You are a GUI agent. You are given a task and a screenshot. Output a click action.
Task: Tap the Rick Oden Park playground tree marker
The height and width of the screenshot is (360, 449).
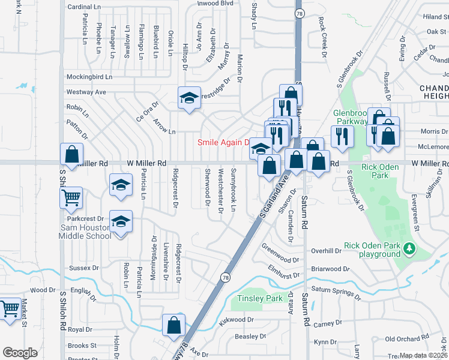pos(409,248)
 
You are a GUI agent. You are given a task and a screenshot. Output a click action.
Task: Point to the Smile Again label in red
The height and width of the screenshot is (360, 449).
pos(223,142)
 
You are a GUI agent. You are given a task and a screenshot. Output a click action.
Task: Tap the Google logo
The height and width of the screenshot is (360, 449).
pos(20,353)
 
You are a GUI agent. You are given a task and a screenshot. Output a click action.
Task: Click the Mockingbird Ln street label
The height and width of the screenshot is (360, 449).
pos(89,77)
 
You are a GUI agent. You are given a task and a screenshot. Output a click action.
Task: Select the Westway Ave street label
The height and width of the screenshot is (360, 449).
pos(86,92)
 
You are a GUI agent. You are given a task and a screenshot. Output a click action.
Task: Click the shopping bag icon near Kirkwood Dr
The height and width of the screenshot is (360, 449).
pos(173,325)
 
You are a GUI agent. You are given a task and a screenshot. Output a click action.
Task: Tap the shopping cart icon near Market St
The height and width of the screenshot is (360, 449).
pos(10,309)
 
